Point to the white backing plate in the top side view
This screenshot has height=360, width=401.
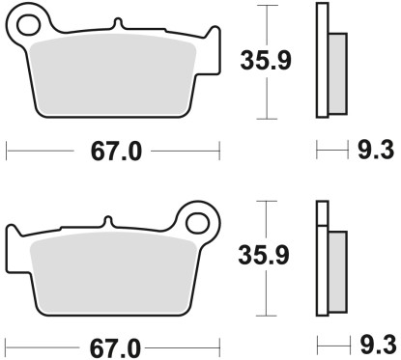322,58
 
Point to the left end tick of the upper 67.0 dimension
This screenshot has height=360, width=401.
7,151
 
